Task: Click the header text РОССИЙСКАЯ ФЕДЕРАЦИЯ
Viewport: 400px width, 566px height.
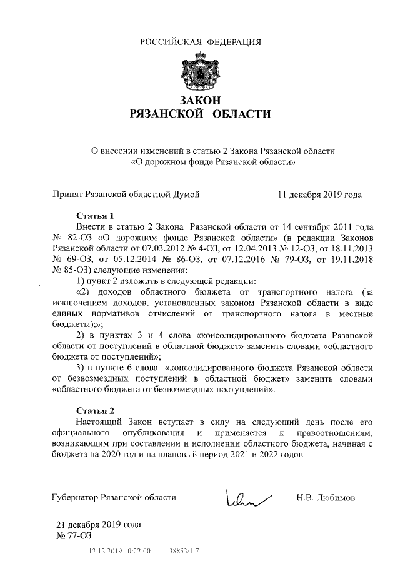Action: pos(200,42)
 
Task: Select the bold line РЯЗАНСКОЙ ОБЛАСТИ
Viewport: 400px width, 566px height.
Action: pos(200,114)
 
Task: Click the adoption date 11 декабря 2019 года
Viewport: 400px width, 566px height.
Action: pos(319,195)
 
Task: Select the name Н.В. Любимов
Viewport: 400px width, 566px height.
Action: pos(326,498)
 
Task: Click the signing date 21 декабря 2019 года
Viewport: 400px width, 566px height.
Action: pos(99,524)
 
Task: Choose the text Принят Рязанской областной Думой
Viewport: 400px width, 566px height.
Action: pos(125,195)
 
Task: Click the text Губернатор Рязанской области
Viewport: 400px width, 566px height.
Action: pos(114,498)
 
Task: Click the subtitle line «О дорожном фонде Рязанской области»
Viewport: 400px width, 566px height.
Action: pos(212,162)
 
